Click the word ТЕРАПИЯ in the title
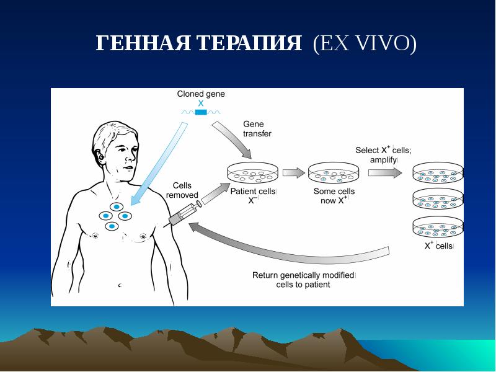251,44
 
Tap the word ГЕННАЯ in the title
144,44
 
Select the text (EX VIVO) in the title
365,44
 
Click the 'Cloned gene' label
201,94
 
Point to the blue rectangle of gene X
201,112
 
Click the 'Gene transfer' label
257,128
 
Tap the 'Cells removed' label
182,190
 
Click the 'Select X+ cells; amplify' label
383,154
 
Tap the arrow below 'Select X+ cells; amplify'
384,173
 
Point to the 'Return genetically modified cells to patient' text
303,280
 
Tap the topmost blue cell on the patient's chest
117,207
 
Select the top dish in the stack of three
438,173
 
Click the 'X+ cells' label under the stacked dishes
438,246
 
